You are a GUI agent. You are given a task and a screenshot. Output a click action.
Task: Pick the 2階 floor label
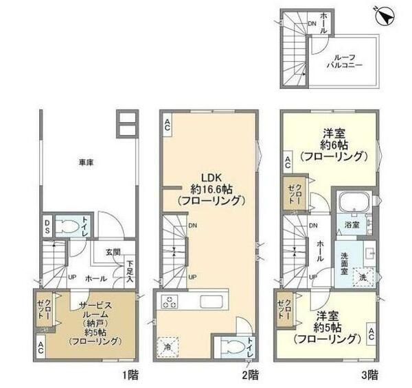coord(249,374)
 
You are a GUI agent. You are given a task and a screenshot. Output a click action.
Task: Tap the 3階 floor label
coord(368,374)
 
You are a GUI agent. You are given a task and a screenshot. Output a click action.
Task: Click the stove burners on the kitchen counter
coord(168,301)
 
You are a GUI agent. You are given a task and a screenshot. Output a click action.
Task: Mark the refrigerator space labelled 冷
coord(168,347)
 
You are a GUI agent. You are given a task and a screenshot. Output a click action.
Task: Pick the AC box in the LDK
coord(168,125)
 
